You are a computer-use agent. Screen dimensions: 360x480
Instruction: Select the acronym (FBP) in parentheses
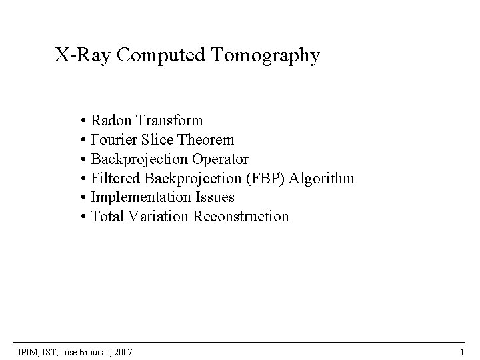tap(263, 179)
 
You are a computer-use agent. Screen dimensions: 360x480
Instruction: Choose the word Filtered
tap(113, 179)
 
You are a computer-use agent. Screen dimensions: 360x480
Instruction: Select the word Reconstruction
tap(241, 217)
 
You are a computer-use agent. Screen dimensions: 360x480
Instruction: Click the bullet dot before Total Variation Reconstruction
tap(81, 217)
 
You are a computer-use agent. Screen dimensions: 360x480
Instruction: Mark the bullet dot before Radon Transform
tap(81, 121)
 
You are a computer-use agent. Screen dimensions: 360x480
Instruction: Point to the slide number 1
tap(461, 351)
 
